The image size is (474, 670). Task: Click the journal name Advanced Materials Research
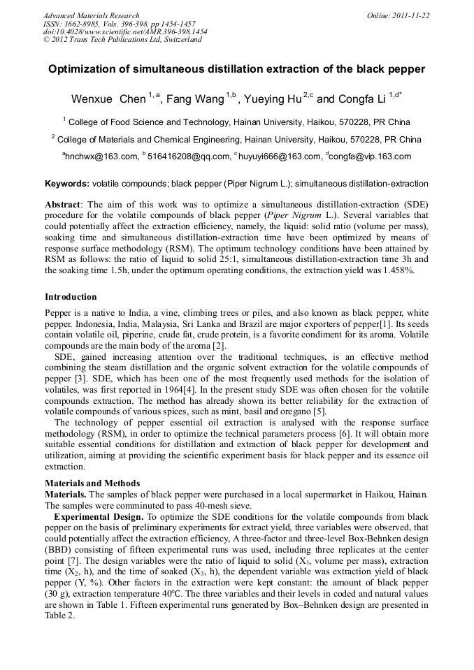point(91,15)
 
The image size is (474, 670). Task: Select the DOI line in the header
point(125,31)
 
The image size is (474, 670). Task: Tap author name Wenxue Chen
point(108,99)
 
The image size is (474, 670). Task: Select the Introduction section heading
point(71,297)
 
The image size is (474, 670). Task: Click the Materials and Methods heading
point(92,483)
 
